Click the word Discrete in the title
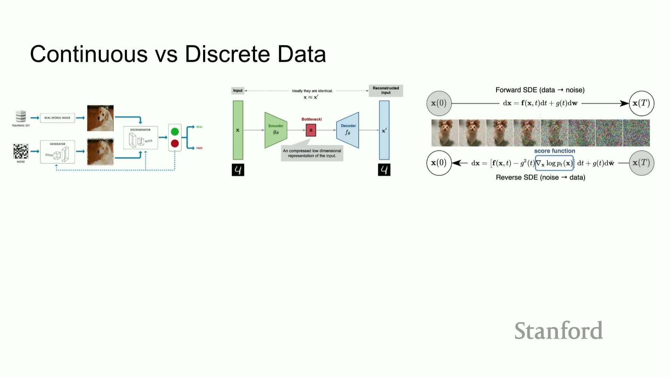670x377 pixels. [227, 54]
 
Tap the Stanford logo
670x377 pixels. [558, 331]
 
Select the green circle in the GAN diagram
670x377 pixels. [175, 132]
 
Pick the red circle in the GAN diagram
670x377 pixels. [175, 143]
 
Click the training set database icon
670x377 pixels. [21, 116]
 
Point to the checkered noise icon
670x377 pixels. [21, 151]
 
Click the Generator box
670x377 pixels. [58, 152]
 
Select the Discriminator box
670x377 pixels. [140, 138]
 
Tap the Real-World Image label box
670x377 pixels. [58, 118]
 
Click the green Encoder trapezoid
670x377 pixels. [276, 130]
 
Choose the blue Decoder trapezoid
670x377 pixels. [348, 130]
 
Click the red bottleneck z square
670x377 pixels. [311, 130]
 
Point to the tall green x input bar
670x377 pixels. [238, 130]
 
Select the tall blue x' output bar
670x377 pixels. [384, 130]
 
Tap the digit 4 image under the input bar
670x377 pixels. [238, 170]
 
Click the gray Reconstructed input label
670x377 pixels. [386, 90]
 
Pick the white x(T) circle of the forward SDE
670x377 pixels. [641, 103]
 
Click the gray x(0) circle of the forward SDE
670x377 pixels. [439, 103]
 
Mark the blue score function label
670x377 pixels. [554, 151]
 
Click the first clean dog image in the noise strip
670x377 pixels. [445, 133]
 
